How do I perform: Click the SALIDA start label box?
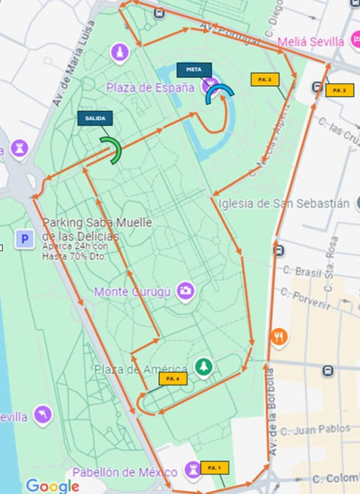click(x=95, y=118)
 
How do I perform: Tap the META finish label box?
click(x=194, y=70)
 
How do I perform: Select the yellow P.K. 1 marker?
click(x=214, y=468)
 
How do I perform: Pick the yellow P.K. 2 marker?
click(x=340, y=90)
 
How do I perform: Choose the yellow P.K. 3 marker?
click(x=265, y=79)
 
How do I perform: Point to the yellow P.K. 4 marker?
click(x=173, y=379)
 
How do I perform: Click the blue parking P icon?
click(x=25, y=239)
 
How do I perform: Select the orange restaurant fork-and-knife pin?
click(x=279, y=337)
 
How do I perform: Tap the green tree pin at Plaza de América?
click(x=204, y=367)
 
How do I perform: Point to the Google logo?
click(x=52, y=486)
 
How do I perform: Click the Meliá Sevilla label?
click(x=310, y=42)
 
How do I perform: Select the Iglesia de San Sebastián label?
click(x=284, y=204)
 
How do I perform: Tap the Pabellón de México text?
click(x=125, y=472)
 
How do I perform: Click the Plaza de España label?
click(x=150, y=88)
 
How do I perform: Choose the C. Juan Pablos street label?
click(x=315, y=430)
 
